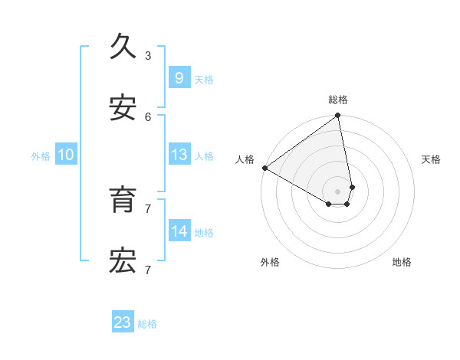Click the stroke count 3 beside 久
click(x=148, y=55)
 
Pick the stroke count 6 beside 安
click(x=148, y=116)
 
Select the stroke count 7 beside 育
click(x=148, y=208)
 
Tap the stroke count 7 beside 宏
click(x=148, y=270)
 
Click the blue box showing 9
click(x=179, y=77)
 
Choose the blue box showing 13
click(x=179, y=155)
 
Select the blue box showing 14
click(x=179, y=231)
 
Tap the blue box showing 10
click(x=66, y=155)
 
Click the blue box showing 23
click(x=123, y=322)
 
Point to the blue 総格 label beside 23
click(x=147, y=324)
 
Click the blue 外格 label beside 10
click(x=41, y=156)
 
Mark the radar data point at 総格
click(x=337, y=116)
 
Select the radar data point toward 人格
click(x=264, y=168)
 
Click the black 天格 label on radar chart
click(x=432, y=159)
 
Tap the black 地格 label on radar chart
click(x=402, y=262)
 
